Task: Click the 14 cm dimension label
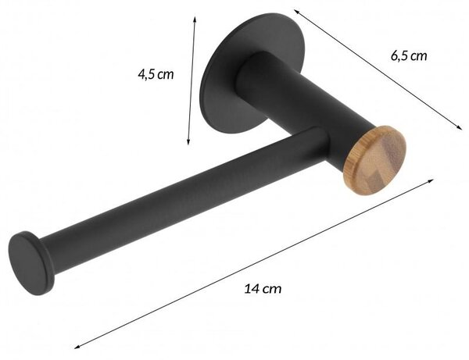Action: pos(263,289)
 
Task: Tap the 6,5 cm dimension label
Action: pos(409,56)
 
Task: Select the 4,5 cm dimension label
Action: pos(156,74)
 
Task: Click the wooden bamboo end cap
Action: pos(375,160)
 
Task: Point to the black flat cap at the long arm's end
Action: pos(30,263)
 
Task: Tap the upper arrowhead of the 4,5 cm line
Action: pos(195,19)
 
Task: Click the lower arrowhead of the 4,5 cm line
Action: pos(188,142)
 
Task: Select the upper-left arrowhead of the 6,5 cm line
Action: pos(296,12)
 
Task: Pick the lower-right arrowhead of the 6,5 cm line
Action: pos(459,127)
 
